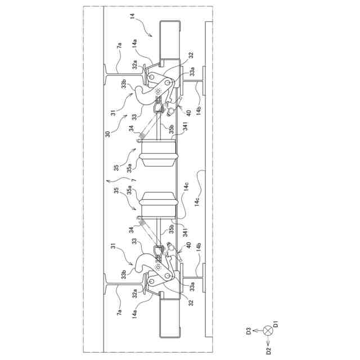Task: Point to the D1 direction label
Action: tap(277, 325)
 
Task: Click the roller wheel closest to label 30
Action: tap(159, 154)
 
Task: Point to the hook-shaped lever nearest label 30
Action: tap(147, 93)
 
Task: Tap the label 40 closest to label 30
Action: tap(189, 112)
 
